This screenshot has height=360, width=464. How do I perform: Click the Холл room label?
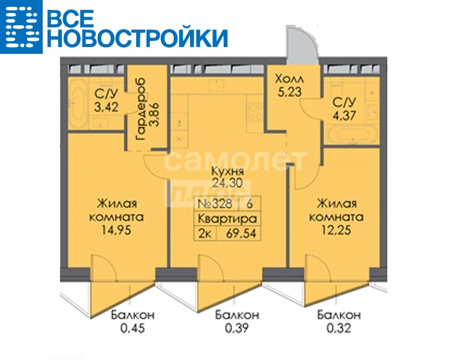[x=289, y=79]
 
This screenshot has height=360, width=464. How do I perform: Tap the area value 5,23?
[x=290, y=92]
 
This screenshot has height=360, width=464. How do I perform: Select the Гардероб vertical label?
[x=140, y=109]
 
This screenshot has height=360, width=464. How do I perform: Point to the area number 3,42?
[x=106, y=107]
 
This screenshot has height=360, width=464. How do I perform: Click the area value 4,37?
[x=344, y=115]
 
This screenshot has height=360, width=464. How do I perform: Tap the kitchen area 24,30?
[x=227, y=183]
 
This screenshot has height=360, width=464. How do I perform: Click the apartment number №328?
[x=215, y=204]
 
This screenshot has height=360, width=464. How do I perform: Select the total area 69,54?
[x=241, y=234]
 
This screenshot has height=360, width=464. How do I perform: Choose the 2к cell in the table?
[x=205, y=234]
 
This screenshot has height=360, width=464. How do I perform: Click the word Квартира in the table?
[x=227, y=219]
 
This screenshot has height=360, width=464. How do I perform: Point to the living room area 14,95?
[x=116, y=230]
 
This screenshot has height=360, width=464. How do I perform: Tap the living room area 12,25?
[x=336, y=230]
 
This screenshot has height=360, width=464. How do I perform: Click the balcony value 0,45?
[x=132, y=328]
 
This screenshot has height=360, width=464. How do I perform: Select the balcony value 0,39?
[x=237, y=328]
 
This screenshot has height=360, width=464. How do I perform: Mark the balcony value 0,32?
[x=339, y=328]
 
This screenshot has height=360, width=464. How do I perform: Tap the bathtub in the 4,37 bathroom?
[x=352, y=135]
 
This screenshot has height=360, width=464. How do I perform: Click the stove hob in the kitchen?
[x=255, y=112]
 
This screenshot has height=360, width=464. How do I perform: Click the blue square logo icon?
[x=21, y=27]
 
